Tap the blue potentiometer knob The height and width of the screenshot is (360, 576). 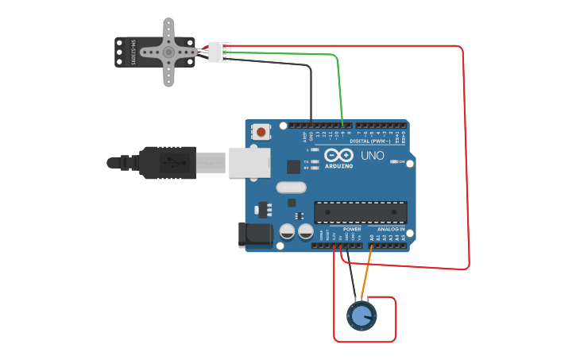pyautogui.click(x=361, y=315)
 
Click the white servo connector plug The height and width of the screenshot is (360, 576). pyautogui.click(x=218, y=52)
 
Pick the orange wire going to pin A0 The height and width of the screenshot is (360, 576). pyautogui.click(x=366, y=275)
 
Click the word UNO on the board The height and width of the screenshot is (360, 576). pyautogui.click(x=373, y=155)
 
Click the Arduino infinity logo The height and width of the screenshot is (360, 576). pyautogui.click(x=338, y=154)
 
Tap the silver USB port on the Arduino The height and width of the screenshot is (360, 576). pyautogui.click(x=249, y=161)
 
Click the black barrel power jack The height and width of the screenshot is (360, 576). pyautogui.click(x=257, y=234)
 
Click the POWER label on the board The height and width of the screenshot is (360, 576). pyautogui.click(x=352, y=228)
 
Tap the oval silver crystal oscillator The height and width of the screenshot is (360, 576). pyautogui.click(x=290, y=188)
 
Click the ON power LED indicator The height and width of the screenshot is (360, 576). pyautogui.click(x=394, y=162)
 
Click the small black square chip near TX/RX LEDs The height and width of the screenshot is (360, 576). pyautogui.click(x=293, y=166)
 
